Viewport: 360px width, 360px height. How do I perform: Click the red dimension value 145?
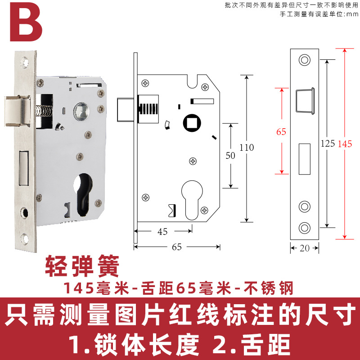click(346, 144)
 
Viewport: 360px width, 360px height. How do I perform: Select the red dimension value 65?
click(281, 132)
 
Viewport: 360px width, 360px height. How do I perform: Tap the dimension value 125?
click(327, 144)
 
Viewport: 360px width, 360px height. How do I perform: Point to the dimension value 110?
click(247, 148)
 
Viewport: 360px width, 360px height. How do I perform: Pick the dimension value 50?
click(230, 155)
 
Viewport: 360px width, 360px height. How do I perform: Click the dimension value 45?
click(162, 232)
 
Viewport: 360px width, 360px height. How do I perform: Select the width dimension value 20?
click(305, 247)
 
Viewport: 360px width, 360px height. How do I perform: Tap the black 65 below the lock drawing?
click(177, 247)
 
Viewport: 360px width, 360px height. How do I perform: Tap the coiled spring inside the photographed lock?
click(44, 110)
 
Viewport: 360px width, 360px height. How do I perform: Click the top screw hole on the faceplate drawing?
click(305, 59)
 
